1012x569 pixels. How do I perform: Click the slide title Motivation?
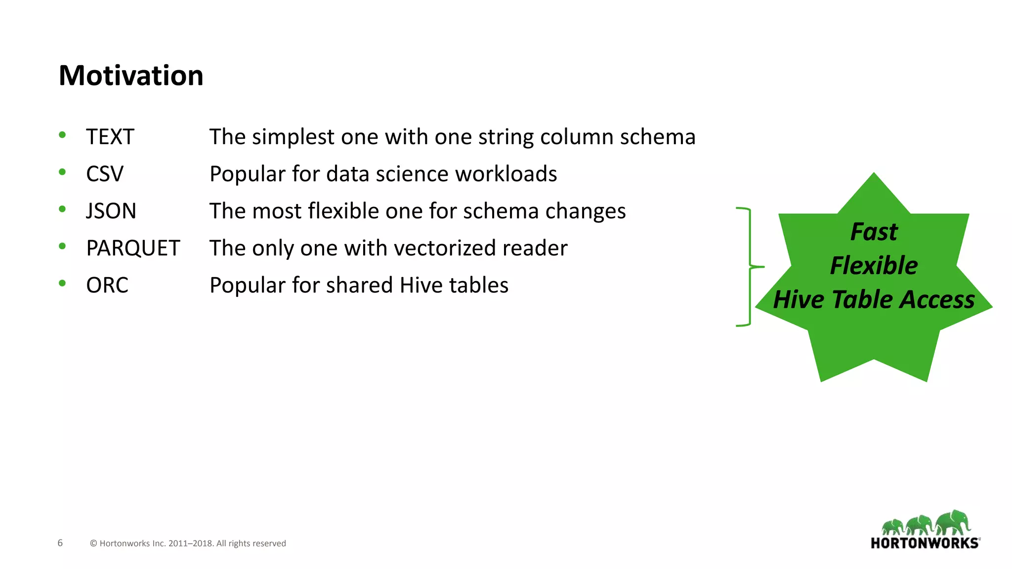[x=131, y=76]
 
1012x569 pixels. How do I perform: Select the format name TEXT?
[x=110, y=137]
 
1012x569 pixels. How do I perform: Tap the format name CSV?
[x=104, y=174]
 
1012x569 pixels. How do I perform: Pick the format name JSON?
[x=111, y=211]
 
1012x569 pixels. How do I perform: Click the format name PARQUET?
[x=133, y=248]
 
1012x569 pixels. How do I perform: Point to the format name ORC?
[x=107, y=285]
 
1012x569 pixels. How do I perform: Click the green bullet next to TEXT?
[x=62, y=135]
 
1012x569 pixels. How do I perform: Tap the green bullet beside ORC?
[x=62, y=283]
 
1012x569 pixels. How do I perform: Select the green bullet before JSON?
[x=62, y=209]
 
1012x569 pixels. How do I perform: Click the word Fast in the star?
[x=874, y=232]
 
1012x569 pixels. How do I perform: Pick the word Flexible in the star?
[x=874, y=265]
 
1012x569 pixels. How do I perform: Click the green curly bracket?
[x=749, y=267]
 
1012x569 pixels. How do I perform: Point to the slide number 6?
[x=60, y=543]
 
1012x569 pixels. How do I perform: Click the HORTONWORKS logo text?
[x=925, y=543]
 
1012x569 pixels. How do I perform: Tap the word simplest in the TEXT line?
[x=293, y=137]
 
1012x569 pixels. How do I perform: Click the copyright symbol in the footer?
[x=93, y=543]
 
